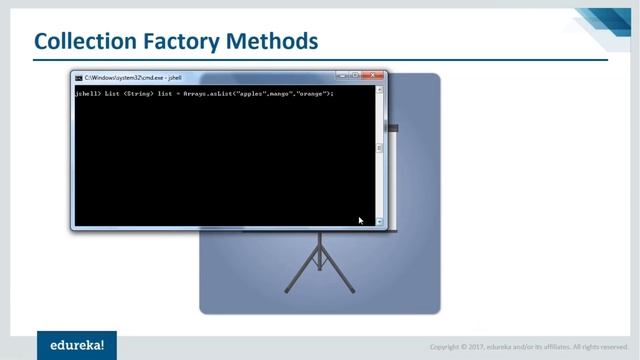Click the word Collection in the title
pos(84,41)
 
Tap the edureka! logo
pos(77,345)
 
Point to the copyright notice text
pos(529,347)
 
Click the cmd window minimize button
pos(342,76)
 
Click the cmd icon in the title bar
pos(79,77)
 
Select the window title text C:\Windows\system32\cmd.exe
pos(118,77)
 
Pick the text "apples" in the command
pos(244,94)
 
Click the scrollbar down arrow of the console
pos(380,221)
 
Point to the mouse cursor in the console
pos(361,220)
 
